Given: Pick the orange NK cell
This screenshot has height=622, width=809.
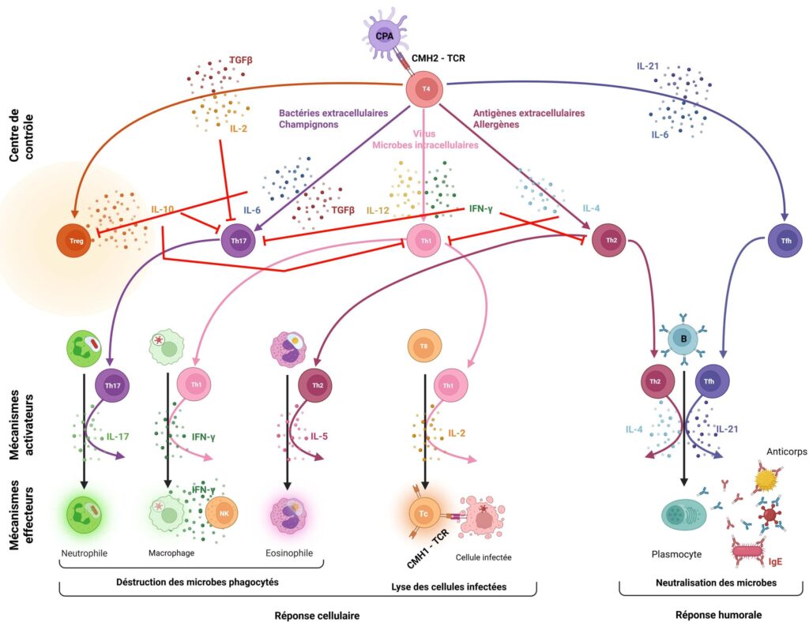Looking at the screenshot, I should click(222, 513).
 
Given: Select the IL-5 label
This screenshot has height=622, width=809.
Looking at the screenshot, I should click(318, 435).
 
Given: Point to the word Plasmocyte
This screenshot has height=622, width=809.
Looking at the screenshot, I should click(676, 554).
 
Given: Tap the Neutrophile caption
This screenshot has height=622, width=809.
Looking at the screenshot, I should click(84, 553).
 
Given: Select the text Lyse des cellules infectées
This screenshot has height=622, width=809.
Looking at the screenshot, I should click(448, 586).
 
